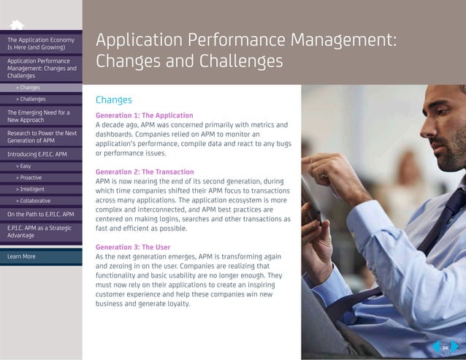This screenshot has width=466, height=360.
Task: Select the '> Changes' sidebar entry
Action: [x=30, y=88]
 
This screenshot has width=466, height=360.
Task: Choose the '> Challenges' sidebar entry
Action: [x=32, y=99]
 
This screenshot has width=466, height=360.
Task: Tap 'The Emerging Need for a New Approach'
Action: [x=41, y=115]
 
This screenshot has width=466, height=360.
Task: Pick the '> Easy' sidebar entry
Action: [x=26, y=166]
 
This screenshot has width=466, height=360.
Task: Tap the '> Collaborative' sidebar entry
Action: [x=34, y=200]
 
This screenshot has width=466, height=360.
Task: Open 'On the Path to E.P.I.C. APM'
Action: [x=41, y=214]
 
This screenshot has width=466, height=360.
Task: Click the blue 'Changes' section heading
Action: [x=114, y=100]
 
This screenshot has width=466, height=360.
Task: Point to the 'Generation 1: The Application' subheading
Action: [x=144, y=115]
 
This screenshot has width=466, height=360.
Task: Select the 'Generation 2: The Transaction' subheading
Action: [x=145, y=172]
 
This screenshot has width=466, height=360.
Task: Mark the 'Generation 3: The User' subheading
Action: [x=133, y=247]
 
